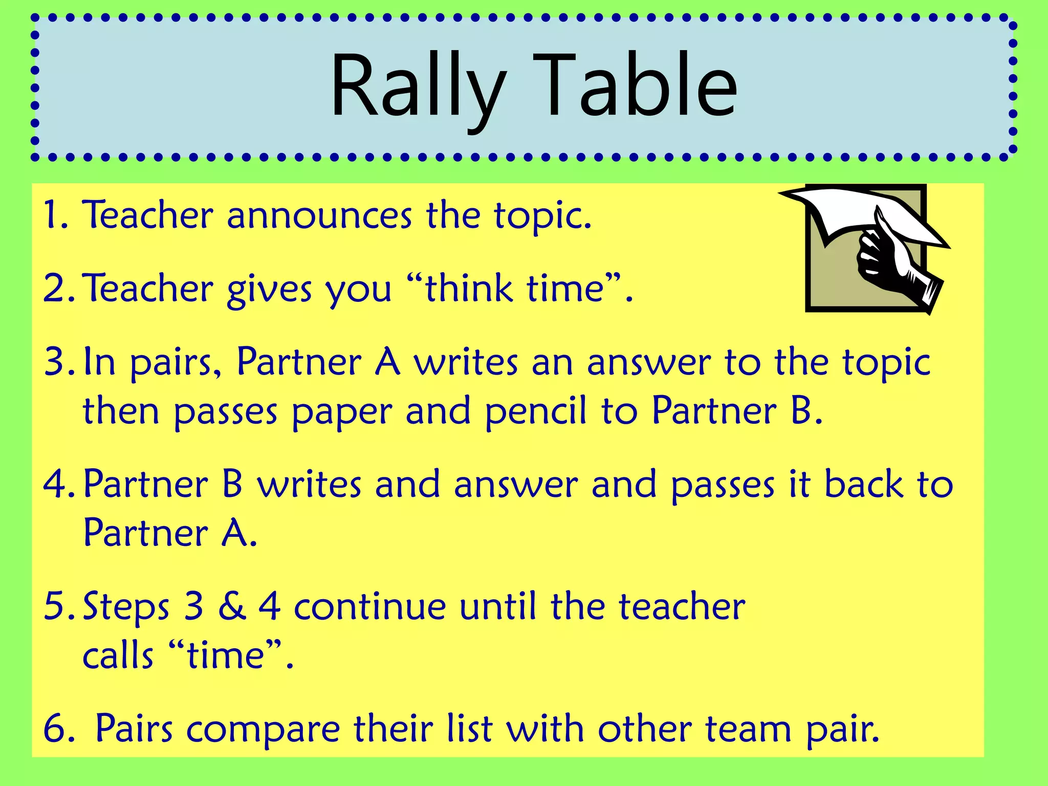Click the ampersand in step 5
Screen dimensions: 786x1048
(x=232, y=606)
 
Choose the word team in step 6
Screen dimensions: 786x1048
(x=748, y=729)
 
